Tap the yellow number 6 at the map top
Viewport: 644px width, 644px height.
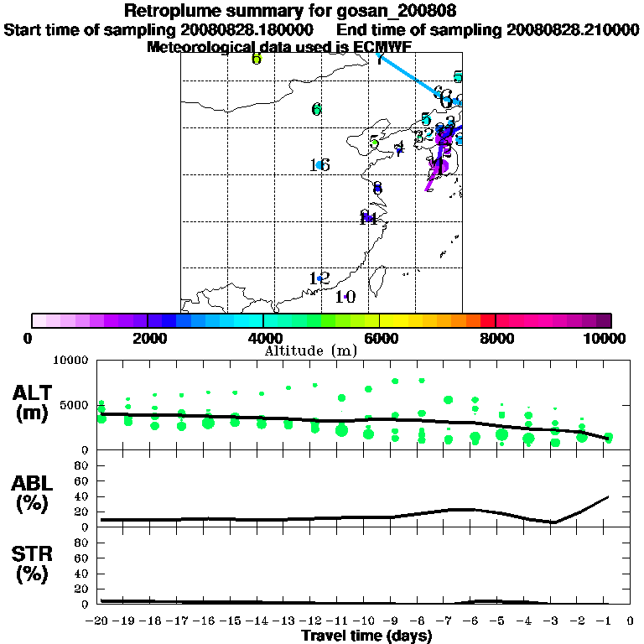[x=257, y=59]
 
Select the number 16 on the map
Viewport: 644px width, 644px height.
[x=319, y=165]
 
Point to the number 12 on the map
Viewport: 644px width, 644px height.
[x=319, y=278]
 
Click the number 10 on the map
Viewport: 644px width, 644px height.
[x=345, y=297]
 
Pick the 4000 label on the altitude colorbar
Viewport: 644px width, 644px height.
[x=263, y=339]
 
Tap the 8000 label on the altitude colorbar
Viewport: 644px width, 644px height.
[x=496, y=339]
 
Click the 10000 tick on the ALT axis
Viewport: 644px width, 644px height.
[x=70, y=360]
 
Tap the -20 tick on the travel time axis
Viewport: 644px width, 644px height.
[x=98, y=621]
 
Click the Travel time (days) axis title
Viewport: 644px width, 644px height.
[x=366, y=636]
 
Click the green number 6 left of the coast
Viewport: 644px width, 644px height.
[x=316, y=109]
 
